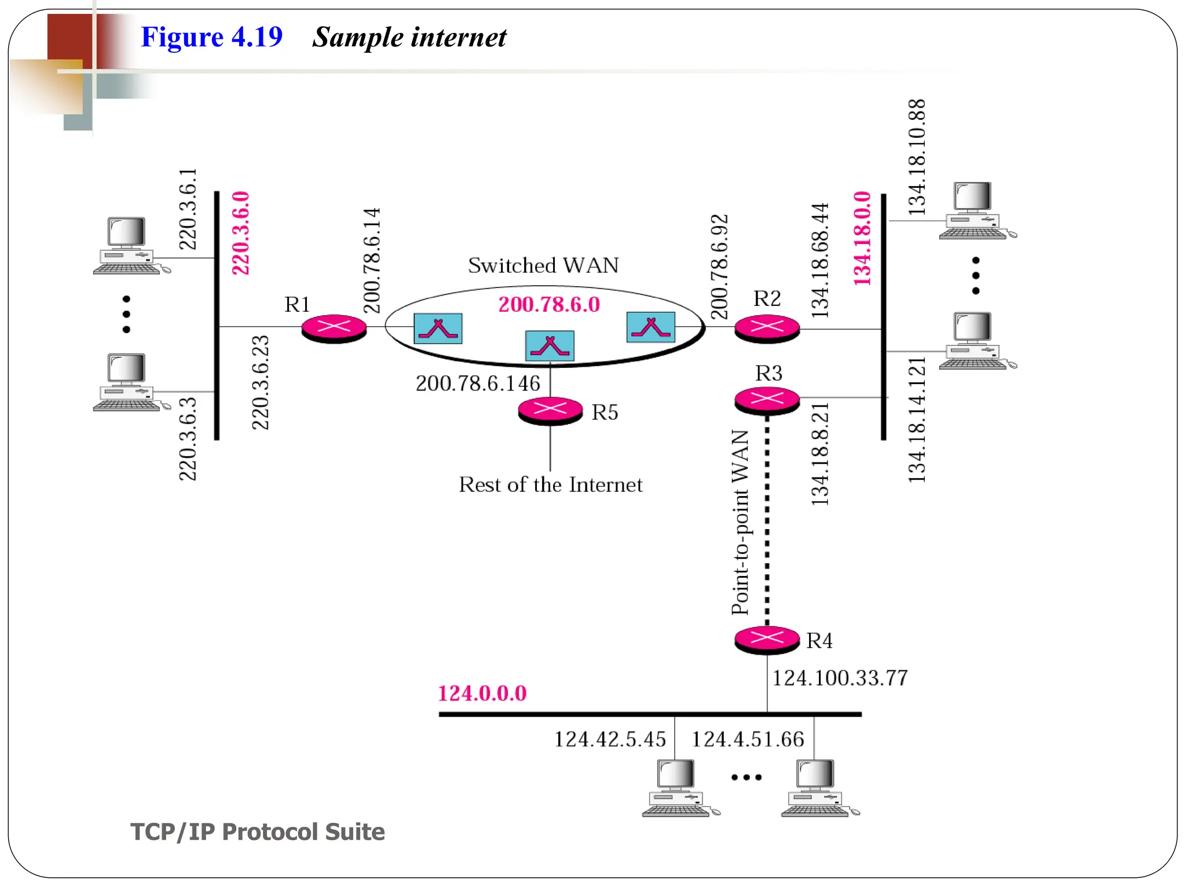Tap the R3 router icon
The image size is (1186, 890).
pyautogui.click(x=767, y=399)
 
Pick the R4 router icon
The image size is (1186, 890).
pyautogui.click(x=767, y=639)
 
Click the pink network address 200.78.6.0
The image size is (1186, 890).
pyautogui.click(x=549, y=305)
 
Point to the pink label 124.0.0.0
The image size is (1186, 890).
pyautogui.click(x=482, y=694)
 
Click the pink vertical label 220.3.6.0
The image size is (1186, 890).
pyautogui.click(x=240, y=233)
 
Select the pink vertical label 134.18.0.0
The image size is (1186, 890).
pyautogui.click(x=862, y=238)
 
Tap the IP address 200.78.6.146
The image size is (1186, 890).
pyautogui.click(x=478, y=384)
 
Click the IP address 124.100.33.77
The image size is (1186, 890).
pyautogui.click(x=840, y=678)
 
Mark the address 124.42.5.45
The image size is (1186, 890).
pyautogui.click(x=610, y=739)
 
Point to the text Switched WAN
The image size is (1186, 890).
pyautogui.click(x=543, y=265)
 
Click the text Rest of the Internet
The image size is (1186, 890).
pyautogui.click(x=550, y=485)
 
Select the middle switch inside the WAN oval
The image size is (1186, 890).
pyautogui.click(x=550, y=346)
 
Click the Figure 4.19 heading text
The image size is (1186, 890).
pyautogui.click(x=211, y=37)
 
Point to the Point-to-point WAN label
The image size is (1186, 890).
pyautogui.click(x=740, y=522)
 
